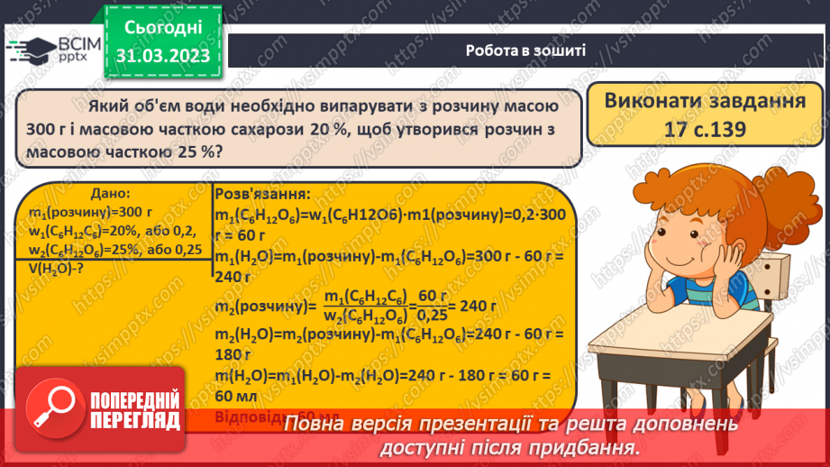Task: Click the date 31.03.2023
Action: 163,57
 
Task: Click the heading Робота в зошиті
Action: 526,50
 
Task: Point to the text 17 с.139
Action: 700,129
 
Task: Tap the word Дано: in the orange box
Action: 111,194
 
